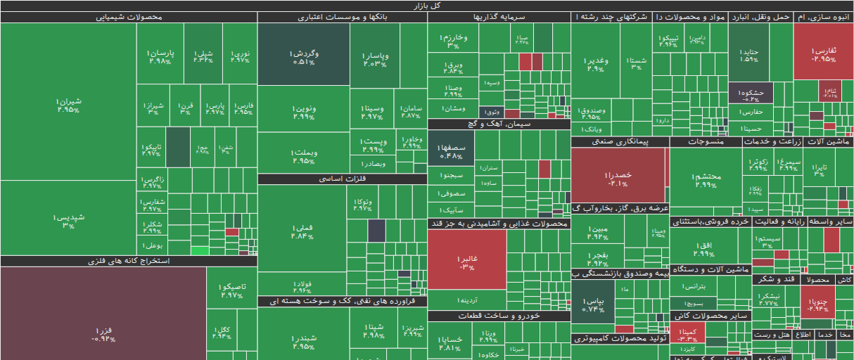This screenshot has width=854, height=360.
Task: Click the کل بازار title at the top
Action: (427, 6)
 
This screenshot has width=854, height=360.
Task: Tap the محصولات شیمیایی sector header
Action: (129, 18)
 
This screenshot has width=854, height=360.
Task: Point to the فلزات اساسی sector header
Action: (343, 179)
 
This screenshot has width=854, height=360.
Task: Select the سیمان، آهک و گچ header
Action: (499, 124)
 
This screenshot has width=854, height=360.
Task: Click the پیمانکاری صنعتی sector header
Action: (619, 142)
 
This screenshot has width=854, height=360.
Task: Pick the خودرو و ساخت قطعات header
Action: (499, 316)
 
